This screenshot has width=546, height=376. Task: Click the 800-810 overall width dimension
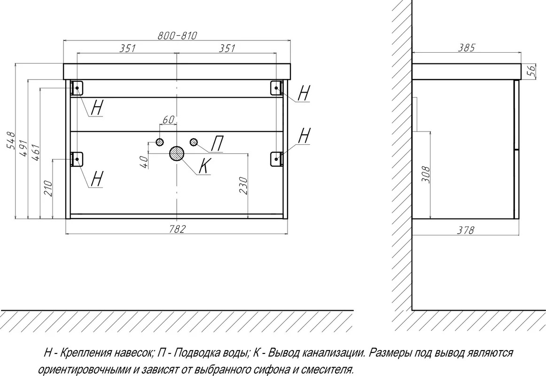click(178, 35)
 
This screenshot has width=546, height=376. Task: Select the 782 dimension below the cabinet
click(178, 229)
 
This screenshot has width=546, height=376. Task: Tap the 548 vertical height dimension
click(11, 141)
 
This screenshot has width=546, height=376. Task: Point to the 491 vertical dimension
click(23, 149)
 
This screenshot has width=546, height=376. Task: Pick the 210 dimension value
click(48, 188)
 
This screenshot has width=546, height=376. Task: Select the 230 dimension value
click(243, 186)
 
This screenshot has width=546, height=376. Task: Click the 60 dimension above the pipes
click(168, 120)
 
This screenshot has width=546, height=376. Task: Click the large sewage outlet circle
click(177, 153)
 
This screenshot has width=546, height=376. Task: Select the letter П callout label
click(217, 144)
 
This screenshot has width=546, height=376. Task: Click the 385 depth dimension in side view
click(466, 47)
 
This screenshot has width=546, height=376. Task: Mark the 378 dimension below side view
click(466, 230)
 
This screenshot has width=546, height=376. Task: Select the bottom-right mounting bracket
click(276, 159)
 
